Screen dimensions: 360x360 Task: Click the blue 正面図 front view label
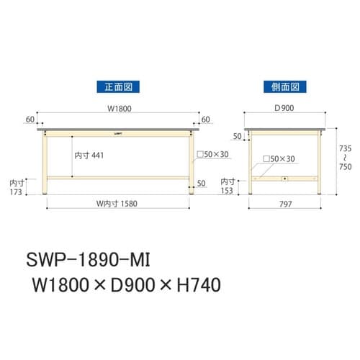(117, 86)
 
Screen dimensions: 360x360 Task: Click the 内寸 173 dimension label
(14, 188)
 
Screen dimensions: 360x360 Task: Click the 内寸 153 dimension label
(227, 186)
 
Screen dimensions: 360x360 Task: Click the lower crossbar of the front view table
(119, 176)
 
